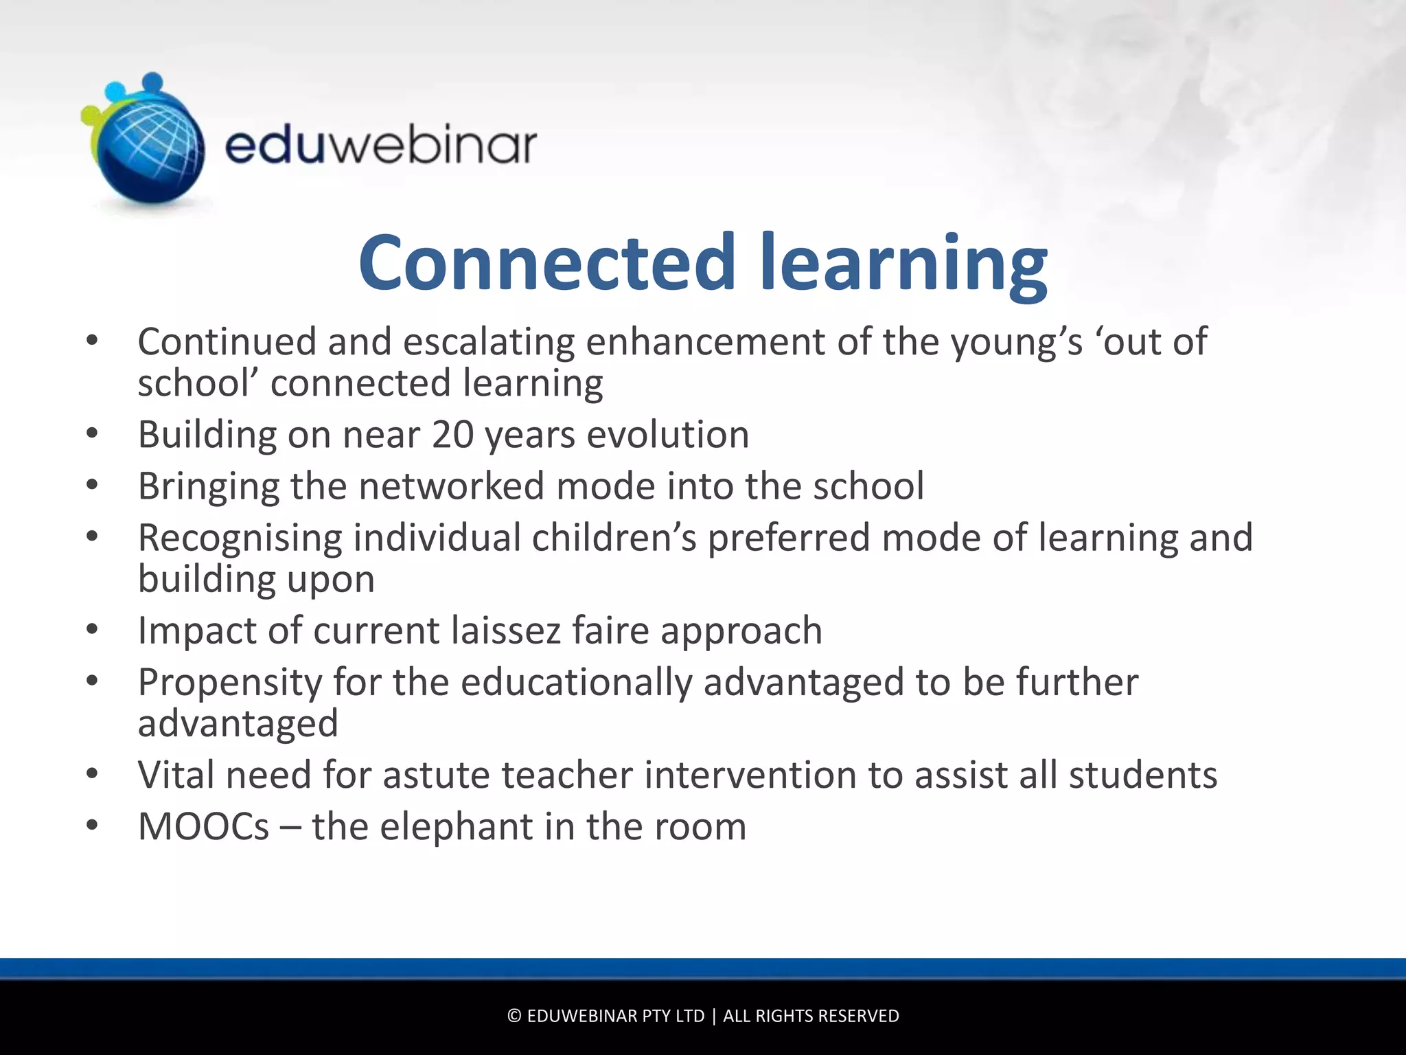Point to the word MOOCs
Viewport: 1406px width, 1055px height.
[204, 826]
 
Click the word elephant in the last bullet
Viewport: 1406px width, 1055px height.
[457, 826]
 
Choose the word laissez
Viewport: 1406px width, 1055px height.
[505, 631]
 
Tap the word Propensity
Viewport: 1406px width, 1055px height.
[230, 683]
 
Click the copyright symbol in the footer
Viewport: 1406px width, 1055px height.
[514, 1016]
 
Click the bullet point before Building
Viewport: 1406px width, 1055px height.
[93, 435]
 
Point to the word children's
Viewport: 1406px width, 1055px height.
[614, 538]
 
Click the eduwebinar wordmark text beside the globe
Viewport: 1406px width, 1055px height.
[380, 146]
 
